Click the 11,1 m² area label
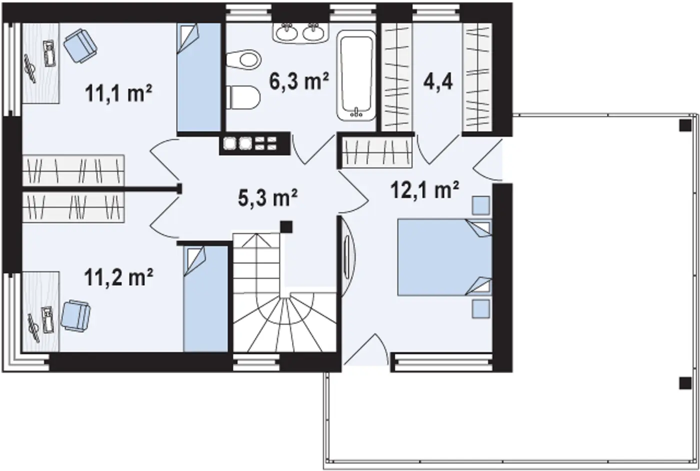118,93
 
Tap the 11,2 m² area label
119,277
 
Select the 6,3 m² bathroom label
299,81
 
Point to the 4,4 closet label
438,82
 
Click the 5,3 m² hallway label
268,198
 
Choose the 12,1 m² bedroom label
424,190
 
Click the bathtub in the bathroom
356,75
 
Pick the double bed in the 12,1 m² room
444,257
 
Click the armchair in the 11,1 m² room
80,45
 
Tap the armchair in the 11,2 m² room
76,315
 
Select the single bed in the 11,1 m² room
199,77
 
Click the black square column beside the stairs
286,227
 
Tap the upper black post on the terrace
685,125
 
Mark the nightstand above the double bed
480,205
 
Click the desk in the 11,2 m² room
41,312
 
